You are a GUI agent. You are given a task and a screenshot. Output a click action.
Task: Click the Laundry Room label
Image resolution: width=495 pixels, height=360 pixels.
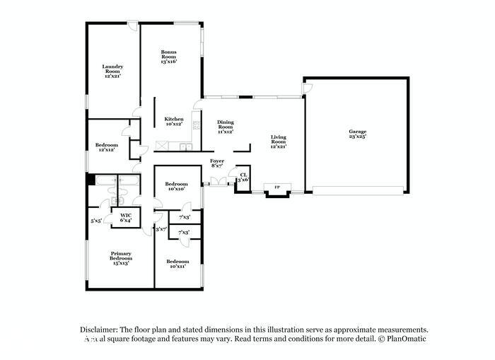point(113,71)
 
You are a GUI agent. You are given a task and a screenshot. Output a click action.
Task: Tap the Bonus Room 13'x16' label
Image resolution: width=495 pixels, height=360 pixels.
point(168,57)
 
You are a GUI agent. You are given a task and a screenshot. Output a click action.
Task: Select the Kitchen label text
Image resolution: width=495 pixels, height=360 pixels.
point(174,122)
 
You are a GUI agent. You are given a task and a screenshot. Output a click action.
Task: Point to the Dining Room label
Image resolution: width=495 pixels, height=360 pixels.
point(225,127)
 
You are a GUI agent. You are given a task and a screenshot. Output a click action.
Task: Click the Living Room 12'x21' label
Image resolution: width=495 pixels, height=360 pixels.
point(278,141)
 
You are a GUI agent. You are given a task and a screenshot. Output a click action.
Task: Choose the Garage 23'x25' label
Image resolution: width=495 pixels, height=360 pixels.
point(357,134)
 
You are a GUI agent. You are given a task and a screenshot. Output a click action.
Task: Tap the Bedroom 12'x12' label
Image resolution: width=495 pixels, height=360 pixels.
point(105,147)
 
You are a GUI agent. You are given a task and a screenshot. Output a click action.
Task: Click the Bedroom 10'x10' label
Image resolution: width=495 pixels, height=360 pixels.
point(176,186)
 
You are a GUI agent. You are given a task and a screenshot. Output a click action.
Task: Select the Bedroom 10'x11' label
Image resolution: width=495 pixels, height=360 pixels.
point(177,264)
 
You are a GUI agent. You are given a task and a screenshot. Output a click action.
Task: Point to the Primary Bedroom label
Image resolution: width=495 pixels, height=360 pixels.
point(121,258)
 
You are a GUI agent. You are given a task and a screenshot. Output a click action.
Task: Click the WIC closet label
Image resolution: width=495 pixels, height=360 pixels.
point(126,218)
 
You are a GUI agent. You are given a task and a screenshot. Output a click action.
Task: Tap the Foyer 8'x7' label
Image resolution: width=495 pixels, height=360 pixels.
point(217,163)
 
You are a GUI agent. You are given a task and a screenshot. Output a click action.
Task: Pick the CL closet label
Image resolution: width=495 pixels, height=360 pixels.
point(243,177)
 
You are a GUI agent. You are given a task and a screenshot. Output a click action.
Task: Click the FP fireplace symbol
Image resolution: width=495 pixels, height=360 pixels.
point(276,187)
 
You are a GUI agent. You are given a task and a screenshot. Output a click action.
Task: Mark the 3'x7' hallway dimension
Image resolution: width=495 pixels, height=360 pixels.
point(161,228)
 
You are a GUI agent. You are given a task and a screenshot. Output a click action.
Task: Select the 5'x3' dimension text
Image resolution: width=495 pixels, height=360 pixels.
point(95,221)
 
